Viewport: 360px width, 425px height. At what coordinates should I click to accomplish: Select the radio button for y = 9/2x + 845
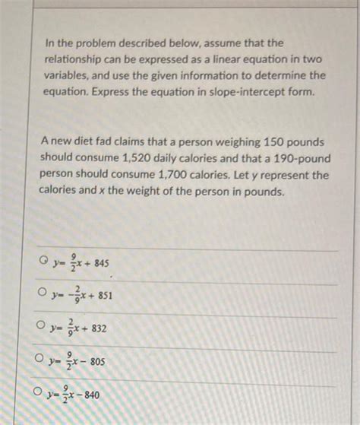pyautogui.click(x=45, y=262)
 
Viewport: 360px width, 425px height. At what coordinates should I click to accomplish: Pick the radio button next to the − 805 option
pyautogui.click(x=39, y=359)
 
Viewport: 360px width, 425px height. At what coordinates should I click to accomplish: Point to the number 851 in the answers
pyautogui.click(x=105, y=296)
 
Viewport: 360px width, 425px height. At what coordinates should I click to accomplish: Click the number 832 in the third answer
pyautogui.click(x=99, y=328)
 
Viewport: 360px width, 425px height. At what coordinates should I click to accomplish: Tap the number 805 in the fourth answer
pyautogui.click(x=97, y=362)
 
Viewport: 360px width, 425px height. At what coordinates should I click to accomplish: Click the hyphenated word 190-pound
pyautogui.click(x=298, y=158)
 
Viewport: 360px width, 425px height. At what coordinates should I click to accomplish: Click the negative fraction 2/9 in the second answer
pyautogui.click(x=75, y=295)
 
